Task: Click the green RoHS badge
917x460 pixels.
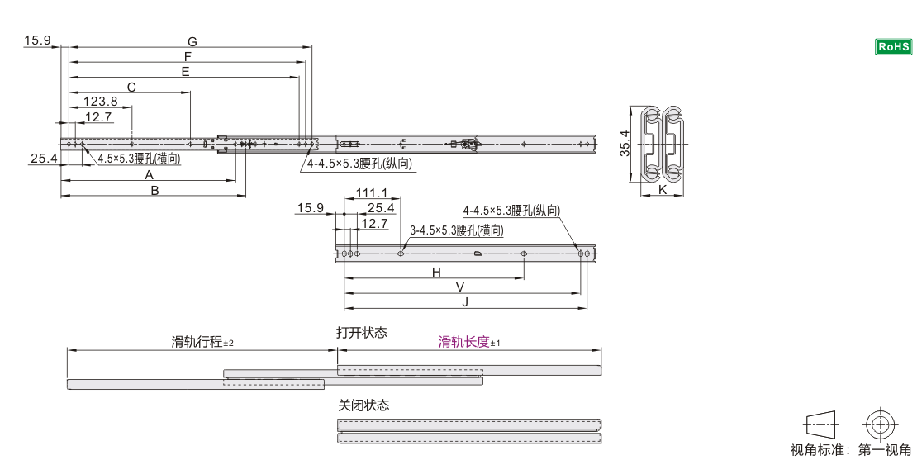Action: (x=893, y=47)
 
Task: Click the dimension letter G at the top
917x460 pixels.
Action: (x=192, y=41)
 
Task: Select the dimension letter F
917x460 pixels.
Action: (x=188, y=57)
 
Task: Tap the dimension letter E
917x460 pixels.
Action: (x=185, y=72)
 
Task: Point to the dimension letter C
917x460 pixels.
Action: (x=131, y=87)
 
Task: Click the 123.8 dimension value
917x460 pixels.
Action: (x=100, y=101)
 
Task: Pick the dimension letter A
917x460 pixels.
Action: (x=150, y=175)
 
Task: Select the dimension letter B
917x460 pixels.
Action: (x=155, y=190)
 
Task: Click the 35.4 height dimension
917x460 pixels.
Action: (x=625, y=144)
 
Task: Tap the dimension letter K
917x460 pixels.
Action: (x=663, y=189)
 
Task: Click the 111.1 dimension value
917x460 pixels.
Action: (x=372, y=193)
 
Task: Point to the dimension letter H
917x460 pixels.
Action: (x=436, y=273)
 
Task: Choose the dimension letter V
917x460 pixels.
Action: (x=459, y=287)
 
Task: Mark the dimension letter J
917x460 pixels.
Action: (x=465, y=302)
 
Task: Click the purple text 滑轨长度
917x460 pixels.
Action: (x=463, y=342)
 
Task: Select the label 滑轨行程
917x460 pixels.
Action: (x=197, y=342)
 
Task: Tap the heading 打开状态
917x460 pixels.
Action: (x=361, y=333)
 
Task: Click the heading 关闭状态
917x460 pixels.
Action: (x=363, y=405)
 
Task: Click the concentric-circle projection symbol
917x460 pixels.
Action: (x=880, y=424)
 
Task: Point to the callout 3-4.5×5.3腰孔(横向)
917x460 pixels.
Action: (x=457, y=230)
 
